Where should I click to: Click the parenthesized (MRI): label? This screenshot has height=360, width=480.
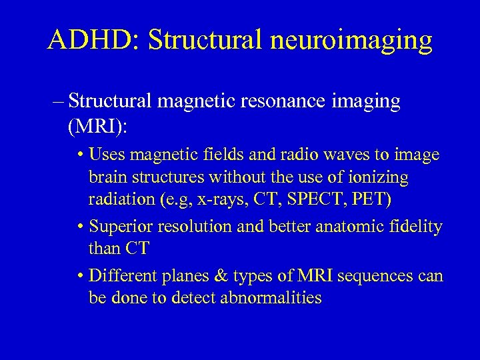click(x=95, y=125)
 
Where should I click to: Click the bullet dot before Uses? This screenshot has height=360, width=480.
click(x=79, y=156)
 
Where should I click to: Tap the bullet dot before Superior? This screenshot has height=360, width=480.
click(x=79, y=227)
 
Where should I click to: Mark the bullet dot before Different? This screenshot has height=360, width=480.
click(x=79, y=275)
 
